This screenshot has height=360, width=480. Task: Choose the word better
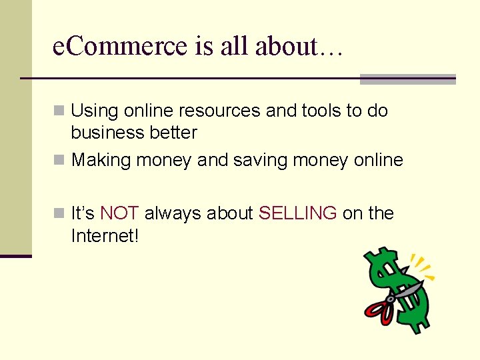[174, 133]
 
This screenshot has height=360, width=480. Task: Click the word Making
[101, 160]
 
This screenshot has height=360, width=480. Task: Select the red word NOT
[119, 213]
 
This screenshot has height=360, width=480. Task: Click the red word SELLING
[297, 213]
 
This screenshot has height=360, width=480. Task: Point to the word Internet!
[105, 235]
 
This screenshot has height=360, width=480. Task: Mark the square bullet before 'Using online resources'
[59, 111]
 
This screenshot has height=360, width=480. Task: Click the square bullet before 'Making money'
[59, 160]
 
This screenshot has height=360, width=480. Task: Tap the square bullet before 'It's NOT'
[59, 213]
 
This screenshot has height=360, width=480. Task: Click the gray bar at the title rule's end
[407, 79]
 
